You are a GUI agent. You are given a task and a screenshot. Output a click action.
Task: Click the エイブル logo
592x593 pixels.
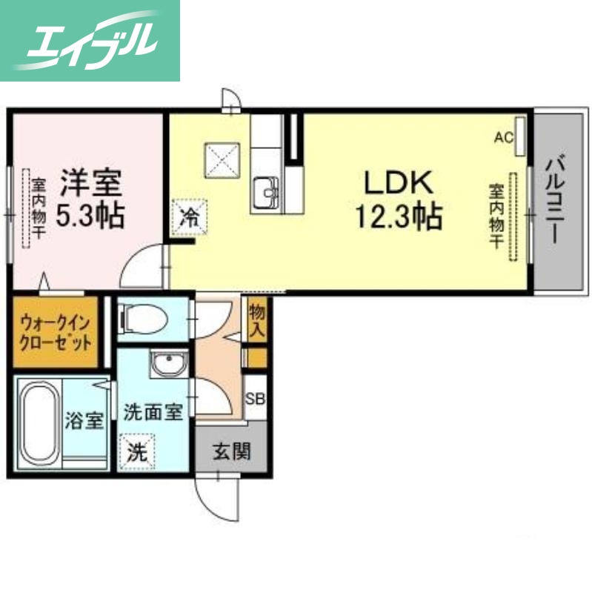tap(90, 40)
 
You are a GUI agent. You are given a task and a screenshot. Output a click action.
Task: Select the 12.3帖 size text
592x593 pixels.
tap(399, 216)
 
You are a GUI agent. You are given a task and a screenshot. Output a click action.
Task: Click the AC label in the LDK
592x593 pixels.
tap(505, 137)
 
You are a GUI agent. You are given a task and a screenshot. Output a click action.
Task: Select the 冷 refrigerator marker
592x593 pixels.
tap(189, 217)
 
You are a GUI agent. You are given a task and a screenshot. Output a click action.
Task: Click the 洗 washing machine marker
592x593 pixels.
tap(136, 450)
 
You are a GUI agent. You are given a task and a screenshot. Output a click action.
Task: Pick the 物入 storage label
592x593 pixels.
tap(257, 320)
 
